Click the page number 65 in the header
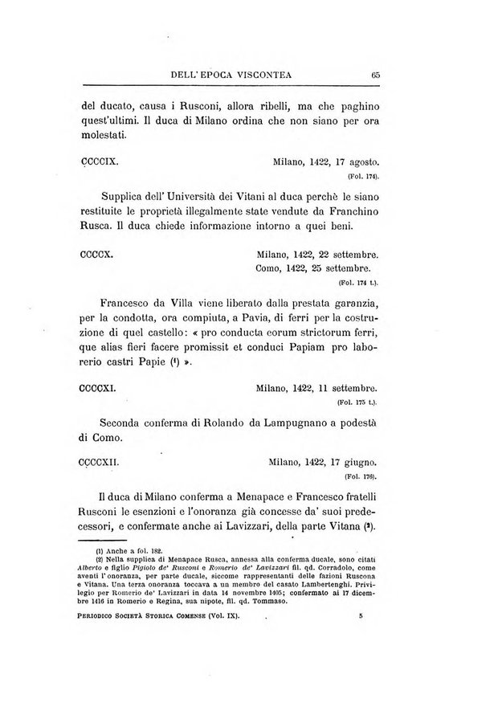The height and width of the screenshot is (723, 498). (x=375, y=76)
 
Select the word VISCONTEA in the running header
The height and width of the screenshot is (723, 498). (x=259, y=76)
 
